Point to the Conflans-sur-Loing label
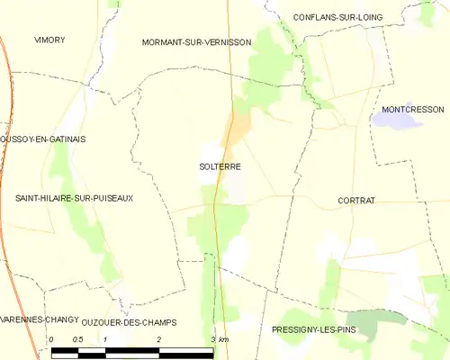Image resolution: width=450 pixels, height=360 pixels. click(x=337, y=16)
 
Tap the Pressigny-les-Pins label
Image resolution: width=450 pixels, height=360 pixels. click(x=313, y=330)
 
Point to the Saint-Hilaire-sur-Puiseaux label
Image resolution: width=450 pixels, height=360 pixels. click(x=74, y=197)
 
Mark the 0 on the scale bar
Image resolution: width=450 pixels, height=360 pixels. click(x=52, y=338)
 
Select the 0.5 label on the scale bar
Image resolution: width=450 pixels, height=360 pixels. click(x=77, y=338)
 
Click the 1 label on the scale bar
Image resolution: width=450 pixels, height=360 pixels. click(x=105, y=338)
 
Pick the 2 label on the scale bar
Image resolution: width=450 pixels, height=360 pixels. click(x=159, y=338)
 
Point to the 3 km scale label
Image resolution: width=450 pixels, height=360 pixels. click(x=220, y=338)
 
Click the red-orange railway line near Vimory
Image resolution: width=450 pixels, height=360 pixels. click(x=8, y=81)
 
